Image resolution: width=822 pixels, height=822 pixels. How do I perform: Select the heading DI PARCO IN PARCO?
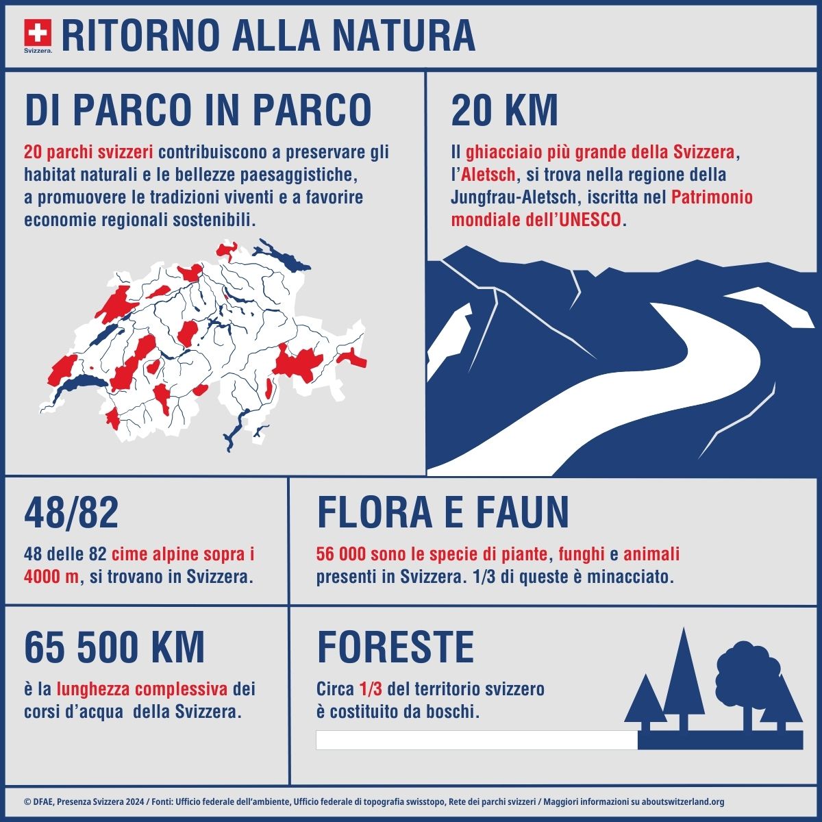pyautogui.click(x=198, y=110)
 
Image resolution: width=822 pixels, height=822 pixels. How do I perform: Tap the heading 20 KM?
pyautogui.click(x=504, y=110)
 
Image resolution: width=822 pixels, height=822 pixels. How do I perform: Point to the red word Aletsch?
pyautogui.click(x=489, y=175)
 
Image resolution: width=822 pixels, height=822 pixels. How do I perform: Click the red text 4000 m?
pyautogui.click(x=51, y=576)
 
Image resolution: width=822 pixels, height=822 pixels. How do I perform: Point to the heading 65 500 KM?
pyautogui.click(x=114, y=647)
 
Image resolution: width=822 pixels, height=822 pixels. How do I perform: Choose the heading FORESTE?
pyautogui.click(x=395, y=647)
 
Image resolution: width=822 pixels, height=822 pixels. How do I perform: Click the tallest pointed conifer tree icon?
pyautogui.click(x=683, y=678)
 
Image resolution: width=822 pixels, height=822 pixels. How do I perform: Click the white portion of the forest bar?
pyautogui.click(x=476, y=740)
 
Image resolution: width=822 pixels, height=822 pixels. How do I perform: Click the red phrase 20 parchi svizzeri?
pyautogui.click(x=88, y=151)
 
